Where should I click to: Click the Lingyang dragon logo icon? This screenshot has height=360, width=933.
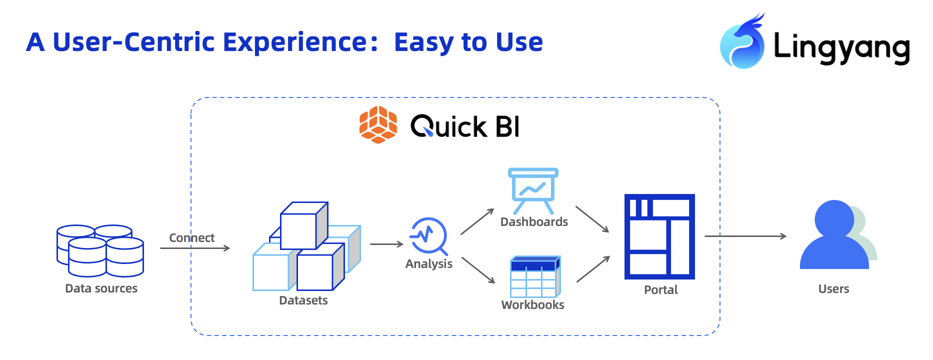[x=742, y=42]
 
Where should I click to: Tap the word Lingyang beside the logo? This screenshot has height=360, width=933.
[x=841, y=48]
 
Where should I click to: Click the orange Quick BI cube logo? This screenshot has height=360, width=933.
[x=378, y=124]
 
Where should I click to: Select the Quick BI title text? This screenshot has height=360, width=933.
[x=465, y=126]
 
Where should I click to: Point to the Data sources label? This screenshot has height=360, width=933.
[x=101, y=288]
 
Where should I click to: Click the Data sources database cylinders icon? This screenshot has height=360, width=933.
[x=100, y=250]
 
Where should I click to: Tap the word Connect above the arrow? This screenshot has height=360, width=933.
[x=191, y=237]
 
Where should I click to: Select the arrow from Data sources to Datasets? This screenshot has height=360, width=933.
[x=195, y=248]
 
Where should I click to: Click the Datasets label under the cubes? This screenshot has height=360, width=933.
[x=303, y=300]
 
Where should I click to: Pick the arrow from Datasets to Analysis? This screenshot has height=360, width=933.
[x=386, y=244]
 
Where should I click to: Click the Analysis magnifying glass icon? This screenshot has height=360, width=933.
[x=428, y=236]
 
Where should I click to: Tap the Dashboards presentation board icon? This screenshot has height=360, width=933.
[x=533, y=191]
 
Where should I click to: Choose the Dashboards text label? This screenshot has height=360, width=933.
[x=534, y=222]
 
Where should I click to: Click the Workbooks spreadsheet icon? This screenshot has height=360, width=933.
[x=535, y=276]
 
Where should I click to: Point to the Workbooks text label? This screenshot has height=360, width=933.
[x=532, y=305]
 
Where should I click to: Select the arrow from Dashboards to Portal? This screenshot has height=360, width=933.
[x=592, y=219]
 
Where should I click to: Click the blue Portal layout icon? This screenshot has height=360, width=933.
[x=659, y=236]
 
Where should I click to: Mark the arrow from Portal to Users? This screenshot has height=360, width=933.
[x=745, y=236]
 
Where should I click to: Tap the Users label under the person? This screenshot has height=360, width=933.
[x=833, y=289]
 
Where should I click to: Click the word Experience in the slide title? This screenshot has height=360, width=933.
[x=295, y=42]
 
